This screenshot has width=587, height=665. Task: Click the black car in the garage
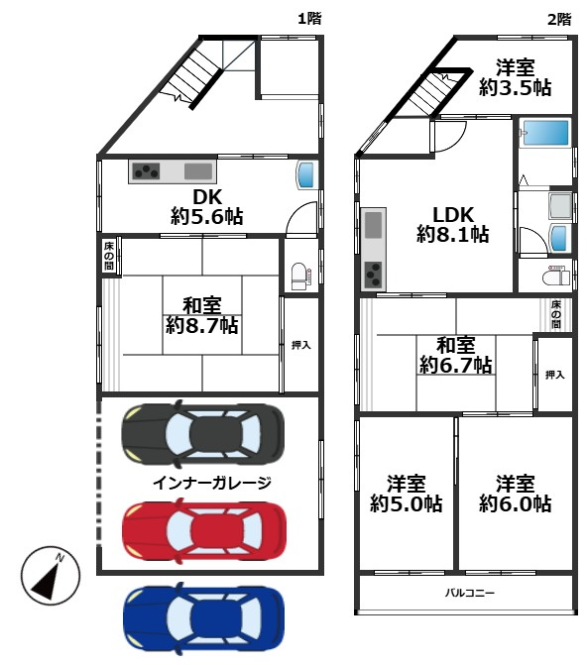(x=203, y=433)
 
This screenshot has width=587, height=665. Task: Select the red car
(x=203, y=530)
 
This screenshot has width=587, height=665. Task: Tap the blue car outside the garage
(x=203, y=617)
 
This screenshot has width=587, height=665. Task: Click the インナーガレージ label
(x=212, y=482)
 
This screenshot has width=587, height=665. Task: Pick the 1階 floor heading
(x=309, y=18)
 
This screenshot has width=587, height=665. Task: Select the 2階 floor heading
(x=558, y=18)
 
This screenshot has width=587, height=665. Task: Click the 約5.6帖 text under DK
(x=207, y=216)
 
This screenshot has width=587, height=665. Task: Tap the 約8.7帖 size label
(x=201, y=324)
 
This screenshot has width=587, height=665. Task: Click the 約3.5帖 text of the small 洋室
(x=515, y=88)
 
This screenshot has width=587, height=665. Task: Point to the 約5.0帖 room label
(x=407, y=503)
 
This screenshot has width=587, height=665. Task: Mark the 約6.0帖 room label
(x=515, y=503)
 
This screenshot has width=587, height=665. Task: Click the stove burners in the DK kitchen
(x=147, y=171)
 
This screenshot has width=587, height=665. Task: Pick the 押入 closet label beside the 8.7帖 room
(x=300, y=346)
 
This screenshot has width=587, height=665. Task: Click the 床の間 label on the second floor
(x=556, y=314)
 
